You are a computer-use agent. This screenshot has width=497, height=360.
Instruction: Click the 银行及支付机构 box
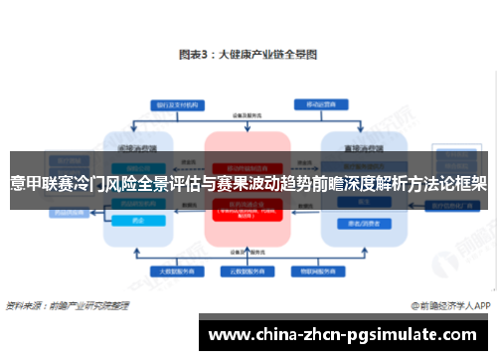pos(165,104)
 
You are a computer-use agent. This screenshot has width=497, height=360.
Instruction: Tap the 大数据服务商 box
pos(161,270)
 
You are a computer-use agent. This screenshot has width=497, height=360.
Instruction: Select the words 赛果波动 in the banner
pos(261,184)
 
